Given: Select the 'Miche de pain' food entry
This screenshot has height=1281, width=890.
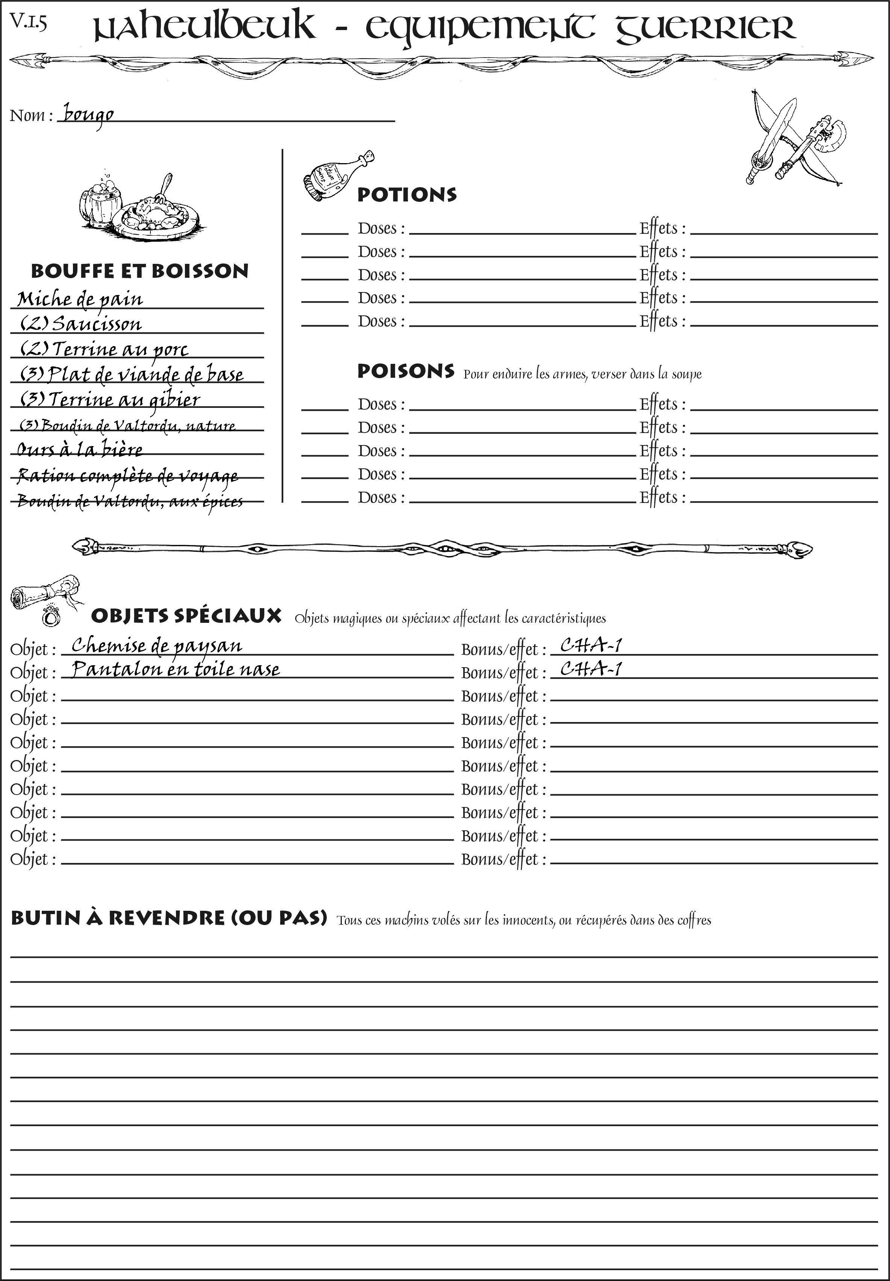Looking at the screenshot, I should click(x=80, y=299).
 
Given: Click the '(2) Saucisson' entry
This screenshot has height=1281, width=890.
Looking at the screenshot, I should click(x=81, y=324).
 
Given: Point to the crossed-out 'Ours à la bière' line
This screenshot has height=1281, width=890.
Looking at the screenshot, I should click(x=80, y=449).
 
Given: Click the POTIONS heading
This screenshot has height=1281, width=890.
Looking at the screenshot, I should click(x=406, y=195).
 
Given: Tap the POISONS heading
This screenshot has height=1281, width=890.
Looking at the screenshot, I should click(x=405, y=371).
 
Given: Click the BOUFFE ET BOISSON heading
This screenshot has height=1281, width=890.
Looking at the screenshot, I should click(x=139, y=271).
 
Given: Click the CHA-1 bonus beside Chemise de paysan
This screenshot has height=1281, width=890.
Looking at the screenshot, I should click(x=591, y=645).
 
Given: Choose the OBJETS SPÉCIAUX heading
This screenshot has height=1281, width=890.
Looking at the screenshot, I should click(x=186, y=616).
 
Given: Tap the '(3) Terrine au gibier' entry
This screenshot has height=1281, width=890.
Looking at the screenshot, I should click(x=110, y=400).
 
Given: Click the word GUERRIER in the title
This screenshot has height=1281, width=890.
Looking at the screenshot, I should click(x=705, y=28).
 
